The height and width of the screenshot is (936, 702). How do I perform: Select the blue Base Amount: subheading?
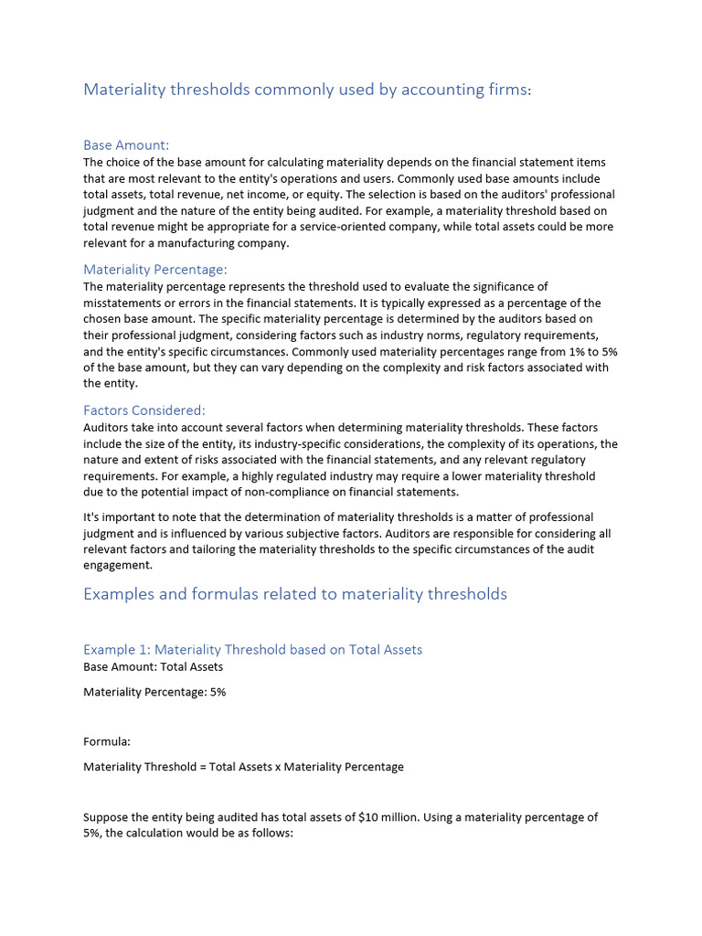[x=126, y=145]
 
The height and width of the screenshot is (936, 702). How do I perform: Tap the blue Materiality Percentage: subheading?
[x=154, y=270]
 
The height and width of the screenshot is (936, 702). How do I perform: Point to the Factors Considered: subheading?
[x=144, y=410]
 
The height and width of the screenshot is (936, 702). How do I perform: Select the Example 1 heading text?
[x=252, y=650]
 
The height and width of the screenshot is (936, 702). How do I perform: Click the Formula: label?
[x=107, y=741]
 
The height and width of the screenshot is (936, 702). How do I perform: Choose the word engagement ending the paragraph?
[x=116, y=566]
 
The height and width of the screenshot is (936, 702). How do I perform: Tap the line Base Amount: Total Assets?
[x=153, y=666]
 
